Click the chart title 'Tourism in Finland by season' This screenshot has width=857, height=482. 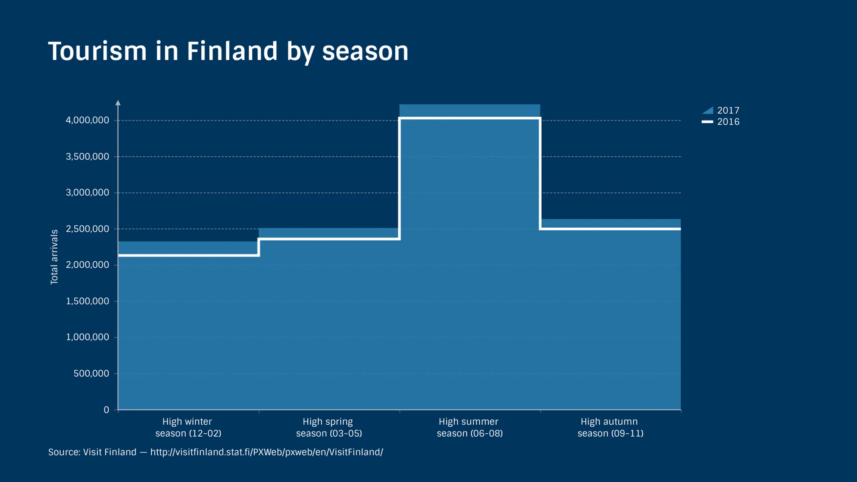[x=228, y=51]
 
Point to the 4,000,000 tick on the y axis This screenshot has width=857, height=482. [x=87, y=120]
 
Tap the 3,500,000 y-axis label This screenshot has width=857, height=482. [x=87, y=156]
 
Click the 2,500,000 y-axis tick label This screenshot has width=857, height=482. [x=87, y=229]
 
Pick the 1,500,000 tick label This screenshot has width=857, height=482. [x=87, y=301]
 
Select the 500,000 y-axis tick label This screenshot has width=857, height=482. [x=91, y=373]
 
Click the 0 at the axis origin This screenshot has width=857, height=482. [x=106, y=410]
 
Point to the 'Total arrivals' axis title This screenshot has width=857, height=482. [x=54, y=257]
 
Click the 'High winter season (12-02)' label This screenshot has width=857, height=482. [x=188, y=427]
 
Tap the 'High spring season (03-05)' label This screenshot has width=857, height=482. [x=329, y=427]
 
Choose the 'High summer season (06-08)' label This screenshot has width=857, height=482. [x=469, y=427]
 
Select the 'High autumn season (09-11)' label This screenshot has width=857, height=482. [x=610, y=427]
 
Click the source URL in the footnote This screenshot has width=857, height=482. [x=266, y=452]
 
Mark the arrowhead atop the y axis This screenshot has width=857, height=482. [x=118, y=103]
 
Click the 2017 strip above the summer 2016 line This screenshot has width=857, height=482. [x=469, y=110]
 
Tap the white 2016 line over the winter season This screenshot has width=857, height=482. [x=188, y=255]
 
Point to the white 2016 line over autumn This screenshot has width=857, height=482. [x=610, y=229]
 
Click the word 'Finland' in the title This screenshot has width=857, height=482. [x=232, y=51]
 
